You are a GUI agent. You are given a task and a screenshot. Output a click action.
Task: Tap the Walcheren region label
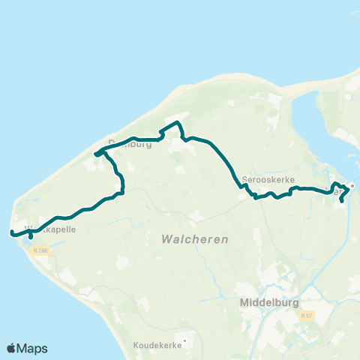click(x=194, y=239)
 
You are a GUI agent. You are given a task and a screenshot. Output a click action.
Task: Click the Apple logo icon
click(x=12, y=348)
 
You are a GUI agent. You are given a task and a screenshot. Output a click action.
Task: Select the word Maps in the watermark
click(x=32, y=348)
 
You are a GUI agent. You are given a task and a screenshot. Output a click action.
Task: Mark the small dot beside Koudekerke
click(x=184, y=340)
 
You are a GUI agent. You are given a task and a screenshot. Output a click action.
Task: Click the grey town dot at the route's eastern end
click(x=352, y=185)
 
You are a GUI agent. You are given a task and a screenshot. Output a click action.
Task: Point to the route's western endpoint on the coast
click(x=12, y=233)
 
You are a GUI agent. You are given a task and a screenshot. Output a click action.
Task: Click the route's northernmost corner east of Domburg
click(x=177, y=122)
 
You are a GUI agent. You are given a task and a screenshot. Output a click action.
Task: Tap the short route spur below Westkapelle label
click(x=30, y=237)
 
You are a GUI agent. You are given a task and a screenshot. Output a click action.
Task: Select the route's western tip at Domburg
click(x=96, y=154)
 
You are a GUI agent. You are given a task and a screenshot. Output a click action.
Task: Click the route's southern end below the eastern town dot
click(x=343, y=200)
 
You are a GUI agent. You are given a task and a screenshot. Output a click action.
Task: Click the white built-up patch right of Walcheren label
click(x=196, y=217)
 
